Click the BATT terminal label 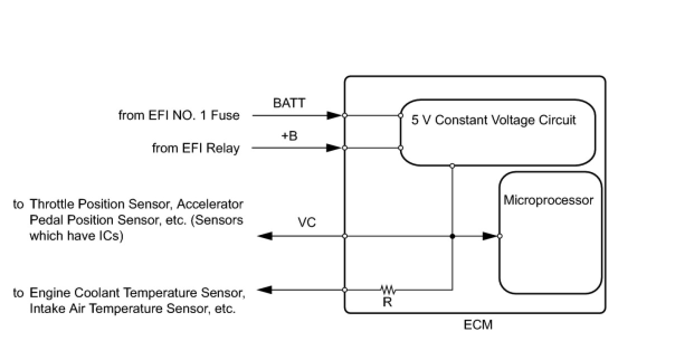click(289, 103)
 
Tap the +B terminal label click(289, 136)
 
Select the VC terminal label click(307, 222)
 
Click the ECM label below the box click(478, 325)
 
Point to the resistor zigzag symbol click(388, 290)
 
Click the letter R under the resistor click(387, 302)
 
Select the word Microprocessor click(549, 200)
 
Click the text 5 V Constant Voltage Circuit click(493, 120)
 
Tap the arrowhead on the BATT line click(335, 115)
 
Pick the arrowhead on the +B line click(334, 148)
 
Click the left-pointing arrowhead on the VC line click(265, 236)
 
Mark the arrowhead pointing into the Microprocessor click(490, 236)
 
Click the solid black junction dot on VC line click(452, 236)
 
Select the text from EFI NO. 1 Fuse click(179, 115)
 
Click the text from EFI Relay click(196, 148)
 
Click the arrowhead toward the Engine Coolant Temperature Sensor click(265, 290)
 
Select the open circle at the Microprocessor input click(500, 236)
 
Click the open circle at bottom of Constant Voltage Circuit click(452, 165)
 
